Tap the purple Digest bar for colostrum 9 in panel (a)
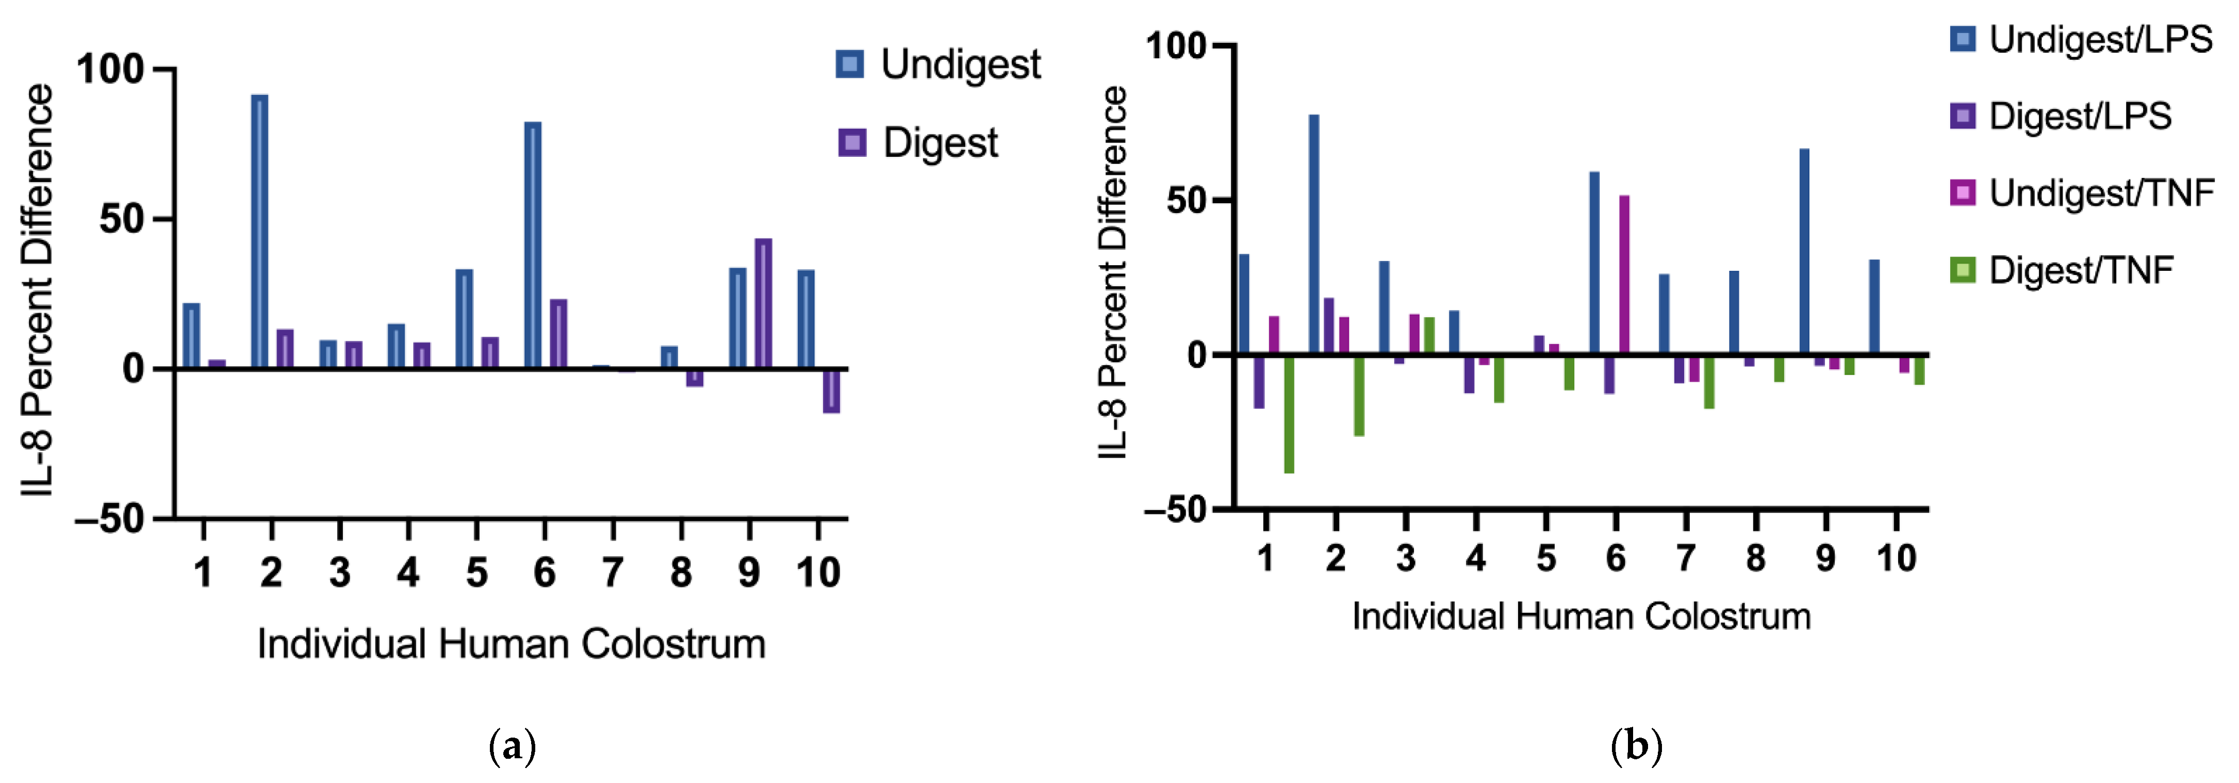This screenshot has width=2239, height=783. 763,303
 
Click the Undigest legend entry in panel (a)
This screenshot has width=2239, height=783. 939,64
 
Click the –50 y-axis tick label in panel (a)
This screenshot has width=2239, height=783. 109,519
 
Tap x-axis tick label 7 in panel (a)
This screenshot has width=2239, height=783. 613,573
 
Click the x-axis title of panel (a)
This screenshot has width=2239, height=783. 511,644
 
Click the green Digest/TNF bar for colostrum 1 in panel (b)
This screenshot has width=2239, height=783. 1289,414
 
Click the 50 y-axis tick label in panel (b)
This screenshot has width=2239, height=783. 1187,201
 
